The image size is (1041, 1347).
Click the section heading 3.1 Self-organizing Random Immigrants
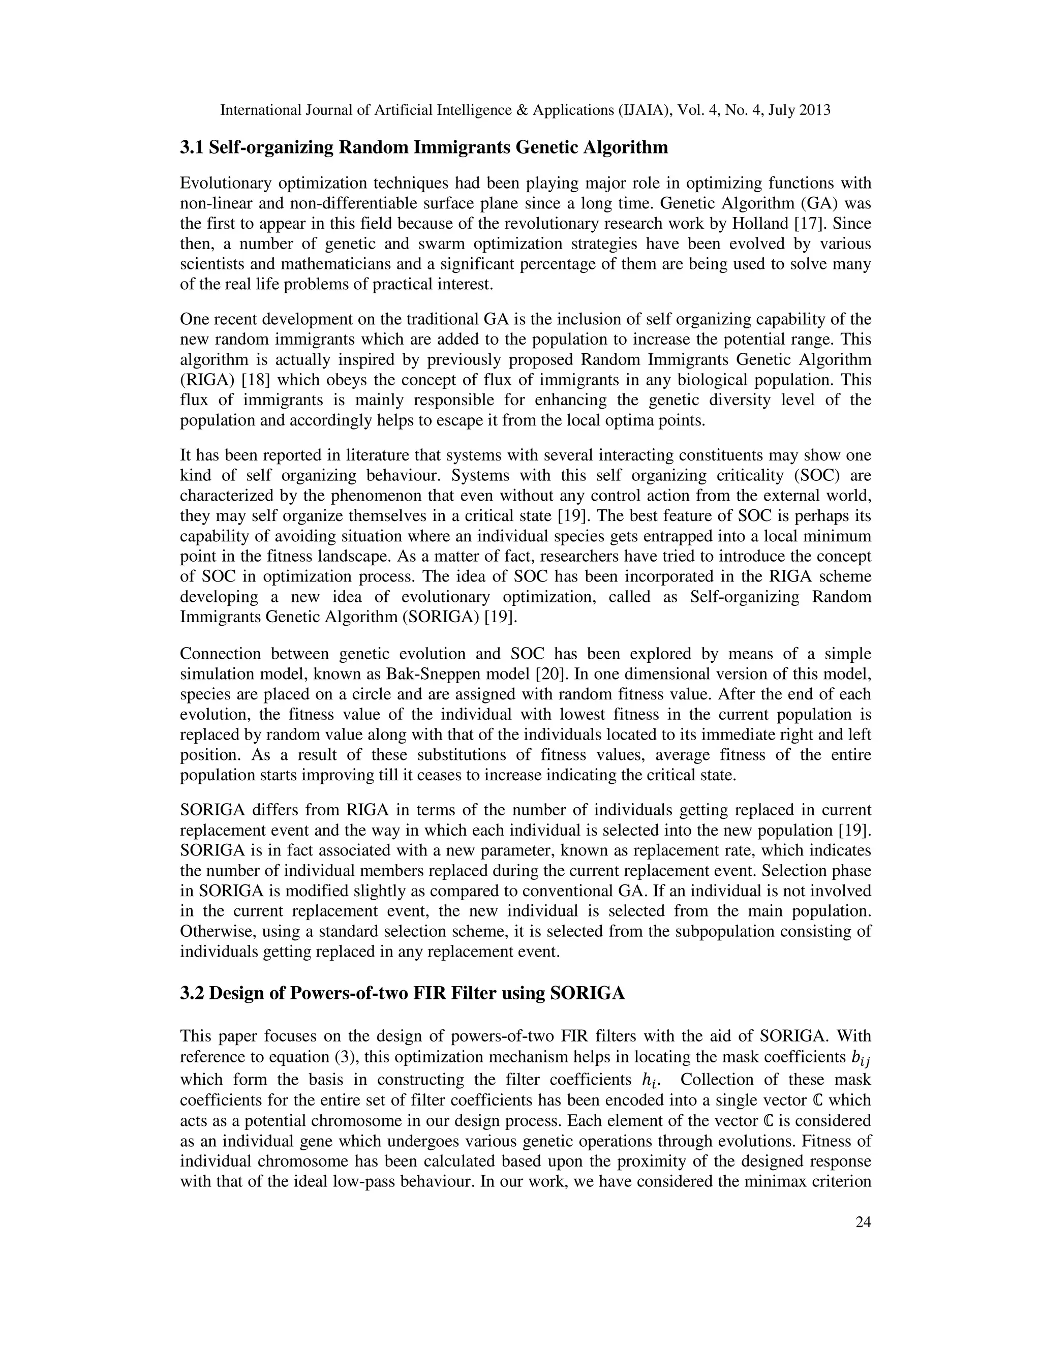[424, 147]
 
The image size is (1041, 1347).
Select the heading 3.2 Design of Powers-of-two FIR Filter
[402, 994]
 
